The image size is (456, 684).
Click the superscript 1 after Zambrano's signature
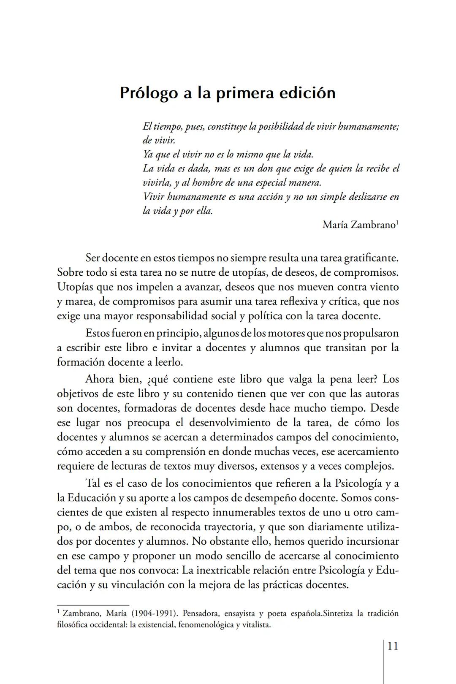397,222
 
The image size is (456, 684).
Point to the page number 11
393,646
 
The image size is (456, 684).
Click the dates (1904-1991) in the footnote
155,613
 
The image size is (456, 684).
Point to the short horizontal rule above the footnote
93,605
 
